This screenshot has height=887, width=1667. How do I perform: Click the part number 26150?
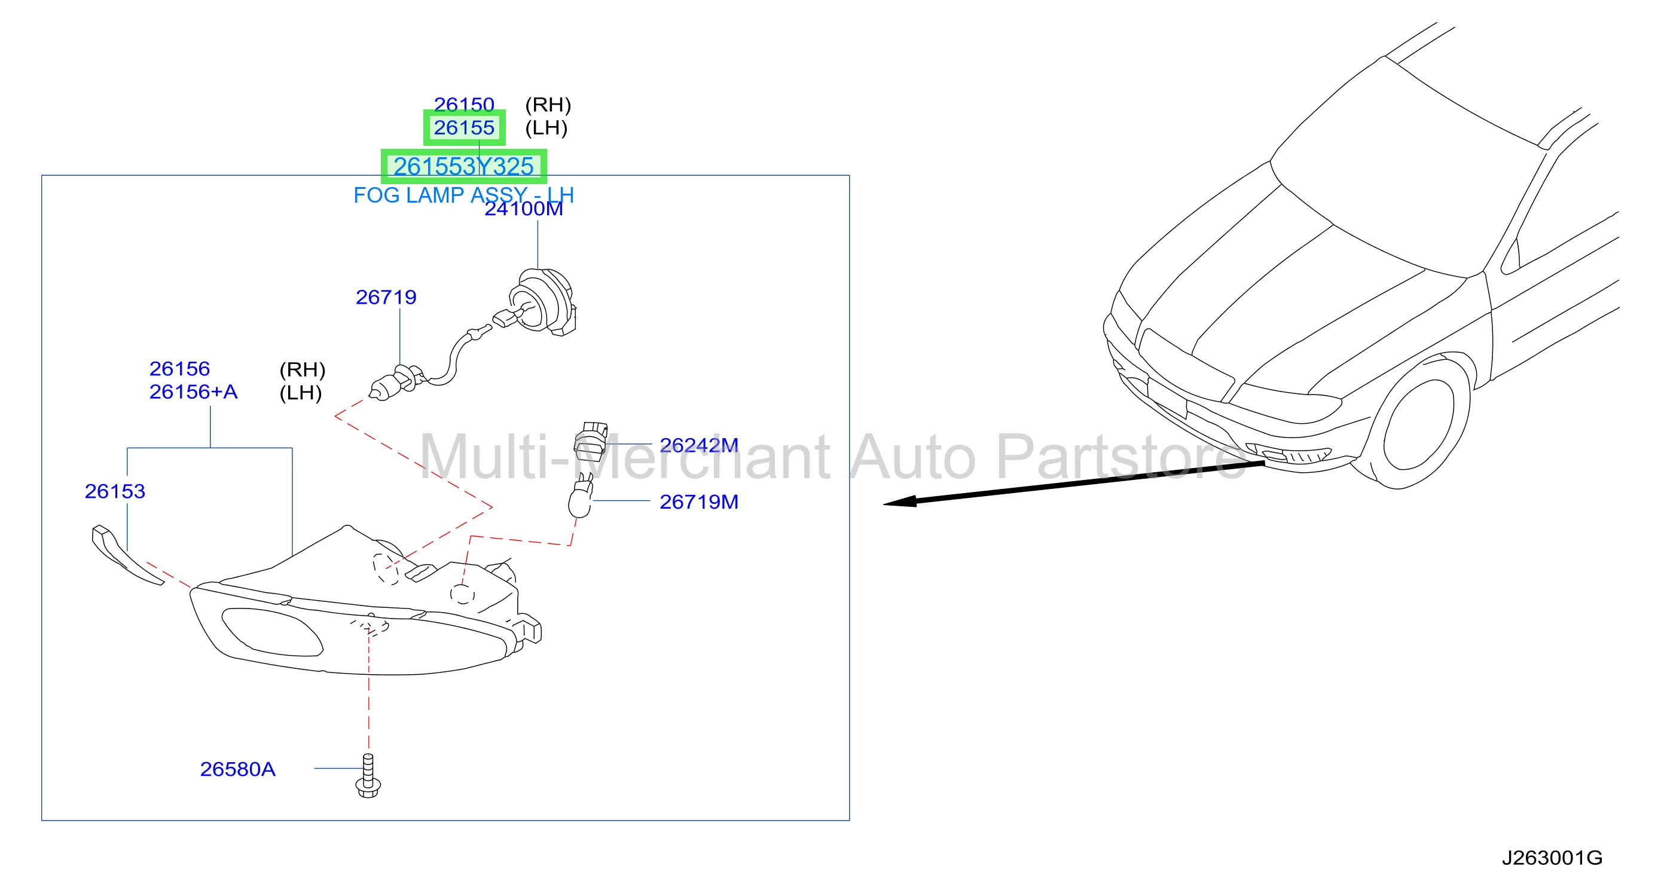coord(463,104)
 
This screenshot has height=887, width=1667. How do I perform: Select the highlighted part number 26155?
coord(463,127)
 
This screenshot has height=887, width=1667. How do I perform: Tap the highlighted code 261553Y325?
coord(463,166)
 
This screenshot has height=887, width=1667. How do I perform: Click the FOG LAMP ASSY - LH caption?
coord(463,195)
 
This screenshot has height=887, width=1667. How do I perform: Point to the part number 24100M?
coord(524,209)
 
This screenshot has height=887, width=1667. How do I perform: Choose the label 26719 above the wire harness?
coord(386,297)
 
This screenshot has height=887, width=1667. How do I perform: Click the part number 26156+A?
coord(194,391)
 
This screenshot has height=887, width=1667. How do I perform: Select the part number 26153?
coord(115,491)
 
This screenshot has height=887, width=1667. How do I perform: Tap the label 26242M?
coord(699,445)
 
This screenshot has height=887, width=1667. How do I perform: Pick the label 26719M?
coord(699,501)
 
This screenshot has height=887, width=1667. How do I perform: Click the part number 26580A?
coord(237,769)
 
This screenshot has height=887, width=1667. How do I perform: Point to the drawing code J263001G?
coord(1552,858)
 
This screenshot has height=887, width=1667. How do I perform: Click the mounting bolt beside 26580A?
coord(368,776)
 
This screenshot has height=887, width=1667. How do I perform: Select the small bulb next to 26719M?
coord(581,496)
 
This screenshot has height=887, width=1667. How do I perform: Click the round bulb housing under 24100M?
coord(542,301)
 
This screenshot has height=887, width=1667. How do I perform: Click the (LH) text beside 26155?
coord(546,127)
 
